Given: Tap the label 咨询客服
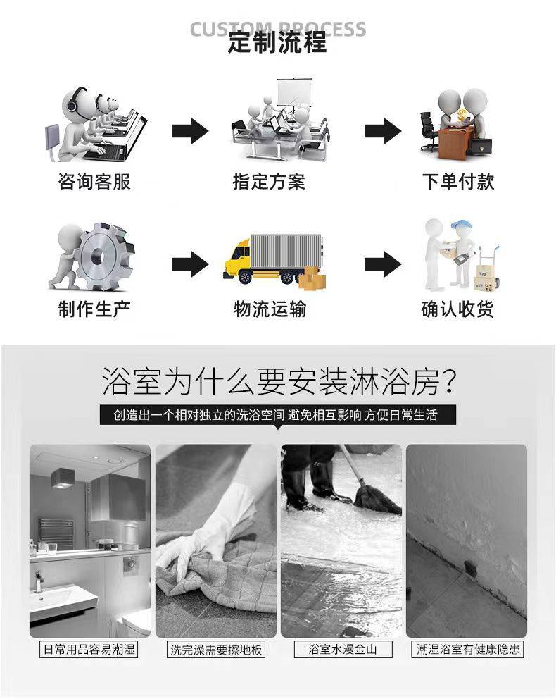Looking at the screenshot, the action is point(94,181).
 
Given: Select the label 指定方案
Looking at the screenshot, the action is point(269,181).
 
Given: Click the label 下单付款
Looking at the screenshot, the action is point(458,181).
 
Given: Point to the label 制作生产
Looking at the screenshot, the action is point(94,309).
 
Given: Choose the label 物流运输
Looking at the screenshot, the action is point(270,309).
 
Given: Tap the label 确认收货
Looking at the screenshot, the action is point(457,309).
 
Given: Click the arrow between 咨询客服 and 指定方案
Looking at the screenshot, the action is point(190,131).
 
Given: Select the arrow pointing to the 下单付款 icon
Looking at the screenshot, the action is point(383,131).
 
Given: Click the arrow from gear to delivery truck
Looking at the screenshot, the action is point(190,264).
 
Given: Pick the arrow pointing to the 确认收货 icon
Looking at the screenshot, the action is point(383,264).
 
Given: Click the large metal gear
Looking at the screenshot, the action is point(103,256).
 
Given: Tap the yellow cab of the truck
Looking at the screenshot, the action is point(238,259).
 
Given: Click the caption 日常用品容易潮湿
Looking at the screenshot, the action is point(89,649).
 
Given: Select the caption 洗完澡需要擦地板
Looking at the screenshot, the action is point(216,649).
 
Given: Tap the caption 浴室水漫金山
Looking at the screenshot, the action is point(343,649).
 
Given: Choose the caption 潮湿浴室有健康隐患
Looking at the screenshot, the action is point(468,649).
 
